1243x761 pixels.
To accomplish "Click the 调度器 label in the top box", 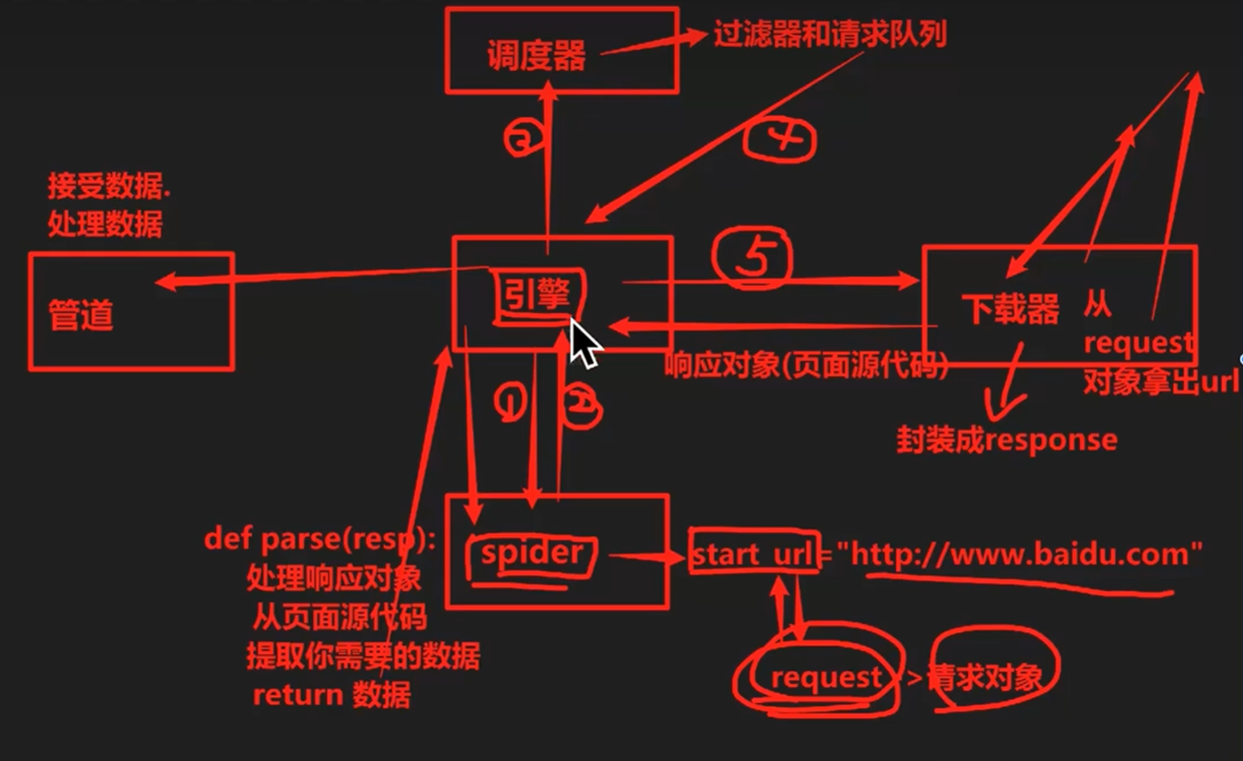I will (x=536, y=56).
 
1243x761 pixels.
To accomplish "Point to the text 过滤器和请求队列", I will (x=829, y=35).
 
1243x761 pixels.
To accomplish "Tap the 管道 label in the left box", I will (x=81, y=316).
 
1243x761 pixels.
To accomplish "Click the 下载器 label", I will (x=1011, y=309).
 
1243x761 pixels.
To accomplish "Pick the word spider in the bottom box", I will (x=532, y=552).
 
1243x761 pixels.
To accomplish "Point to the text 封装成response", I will (x=1006, y=440).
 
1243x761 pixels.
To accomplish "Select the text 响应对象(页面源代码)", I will (x=806, y=366).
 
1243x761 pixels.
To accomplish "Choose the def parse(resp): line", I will (x=319, y=539).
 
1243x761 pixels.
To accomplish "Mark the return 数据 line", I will (x=331, y=695).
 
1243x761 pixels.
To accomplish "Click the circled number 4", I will (x=779, y=139).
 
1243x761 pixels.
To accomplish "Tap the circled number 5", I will (x=754, y=259).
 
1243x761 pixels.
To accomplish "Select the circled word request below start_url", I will (x=826, y=677).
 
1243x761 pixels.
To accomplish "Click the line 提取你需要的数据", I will (x=362, y=656).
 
